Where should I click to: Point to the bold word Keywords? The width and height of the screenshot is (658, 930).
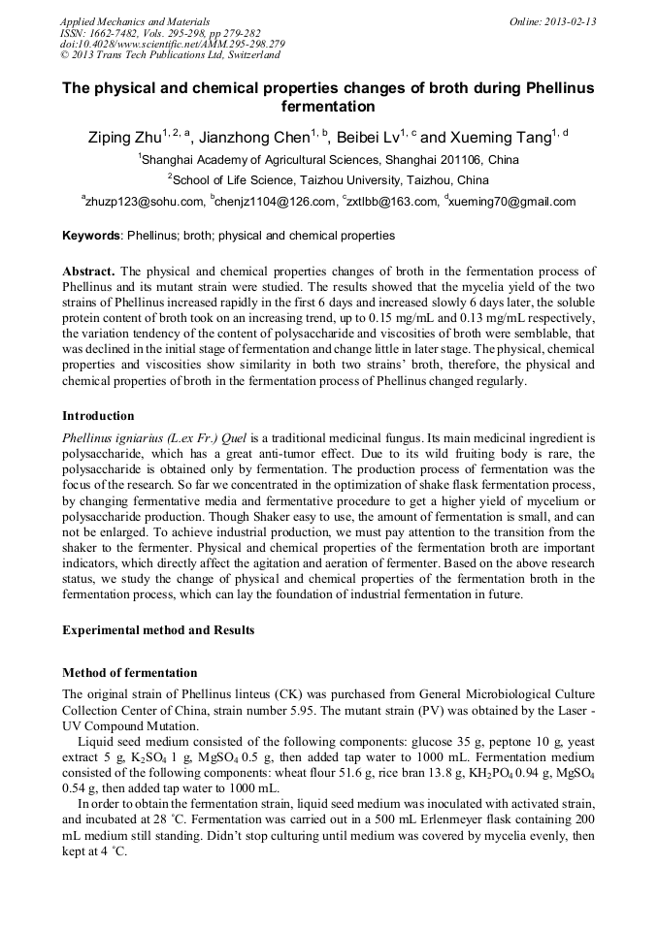tap(92, 236)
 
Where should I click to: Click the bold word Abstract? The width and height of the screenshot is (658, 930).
tap(88, 272)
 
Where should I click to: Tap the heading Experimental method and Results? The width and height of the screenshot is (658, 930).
tap(158, 629)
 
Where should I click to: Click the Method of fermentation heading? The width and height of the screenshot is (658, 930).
tap(129, 673)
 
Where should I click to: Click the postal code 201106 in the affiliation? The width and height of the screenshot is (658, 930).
tap(462, 160)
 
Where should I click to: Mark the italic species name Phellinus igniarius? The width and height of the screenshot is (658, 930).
tap(115, 437)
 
